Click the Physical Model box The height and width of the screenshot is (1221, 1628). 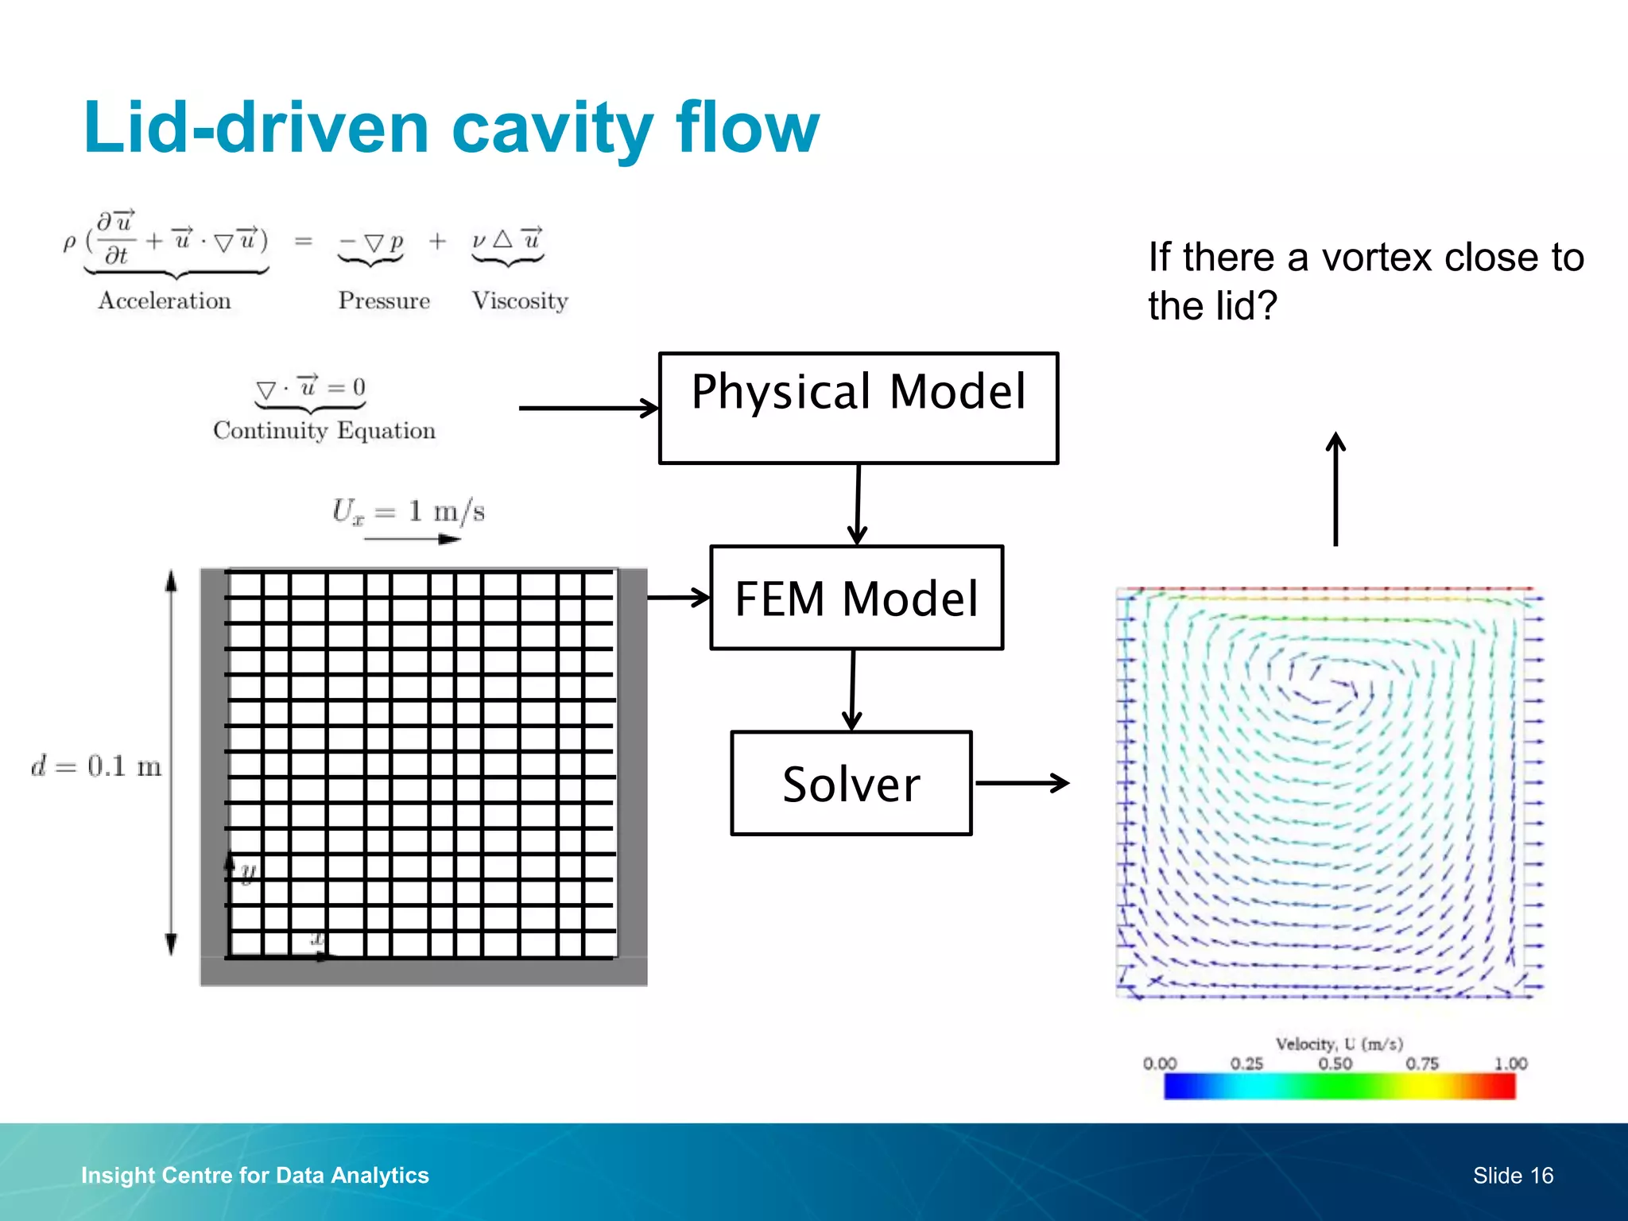point(859,408)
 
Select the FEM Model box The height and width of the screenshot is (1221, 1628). point(856,598)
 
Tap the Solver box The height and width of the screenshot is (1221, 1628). point(851,783)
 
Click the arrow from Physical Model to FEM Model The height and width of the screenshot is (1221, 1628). point(858,504)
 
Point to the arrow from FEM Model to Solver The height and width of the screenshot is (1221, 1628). point(852,690)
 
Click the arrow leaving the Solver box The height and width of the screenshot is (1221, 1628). point(1022,783)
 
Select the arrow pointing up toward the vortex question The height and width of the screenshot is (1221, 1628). point(1336,488)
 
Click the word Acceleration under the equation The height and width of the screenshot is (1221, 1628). point(165,300)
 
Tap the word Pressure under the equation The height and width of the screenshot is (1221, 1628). point(384,300)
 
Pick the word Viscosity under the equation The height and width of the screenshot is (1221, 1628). point(520,300)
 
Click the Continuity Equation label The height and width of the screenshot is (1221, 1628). point(324,430)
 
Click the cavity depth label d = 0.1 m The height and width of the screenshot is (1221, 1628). point(96,766)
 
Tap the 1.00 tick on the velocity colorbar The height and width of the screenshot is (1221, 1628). point(1510,1064)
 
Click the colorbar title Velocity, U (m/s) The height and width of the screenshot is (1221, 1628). point(1339,1044)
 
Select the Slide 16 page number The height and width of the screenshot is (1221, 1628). point(1513,1176)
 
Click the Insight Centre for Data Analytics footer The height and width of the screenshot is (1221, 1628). point(255,1176)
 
